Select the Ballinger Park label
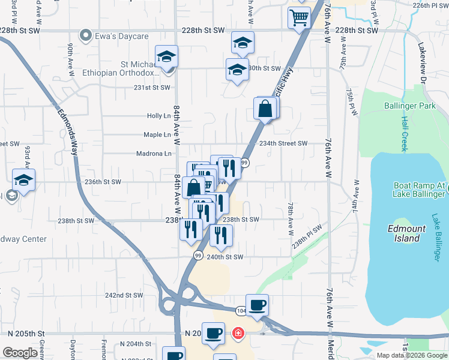409,106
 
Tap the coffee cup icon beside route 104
257,305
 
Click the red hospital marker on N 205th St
238,333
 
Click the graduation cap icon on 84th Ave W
166,57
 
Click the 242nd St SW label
124,295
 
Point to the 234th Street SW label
283,143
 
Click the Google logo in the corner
20,353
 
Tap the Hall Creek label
403,133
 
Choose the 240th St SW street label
224,257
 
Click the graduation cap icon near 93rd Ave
23,179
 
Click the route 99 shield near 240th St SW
197,256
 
